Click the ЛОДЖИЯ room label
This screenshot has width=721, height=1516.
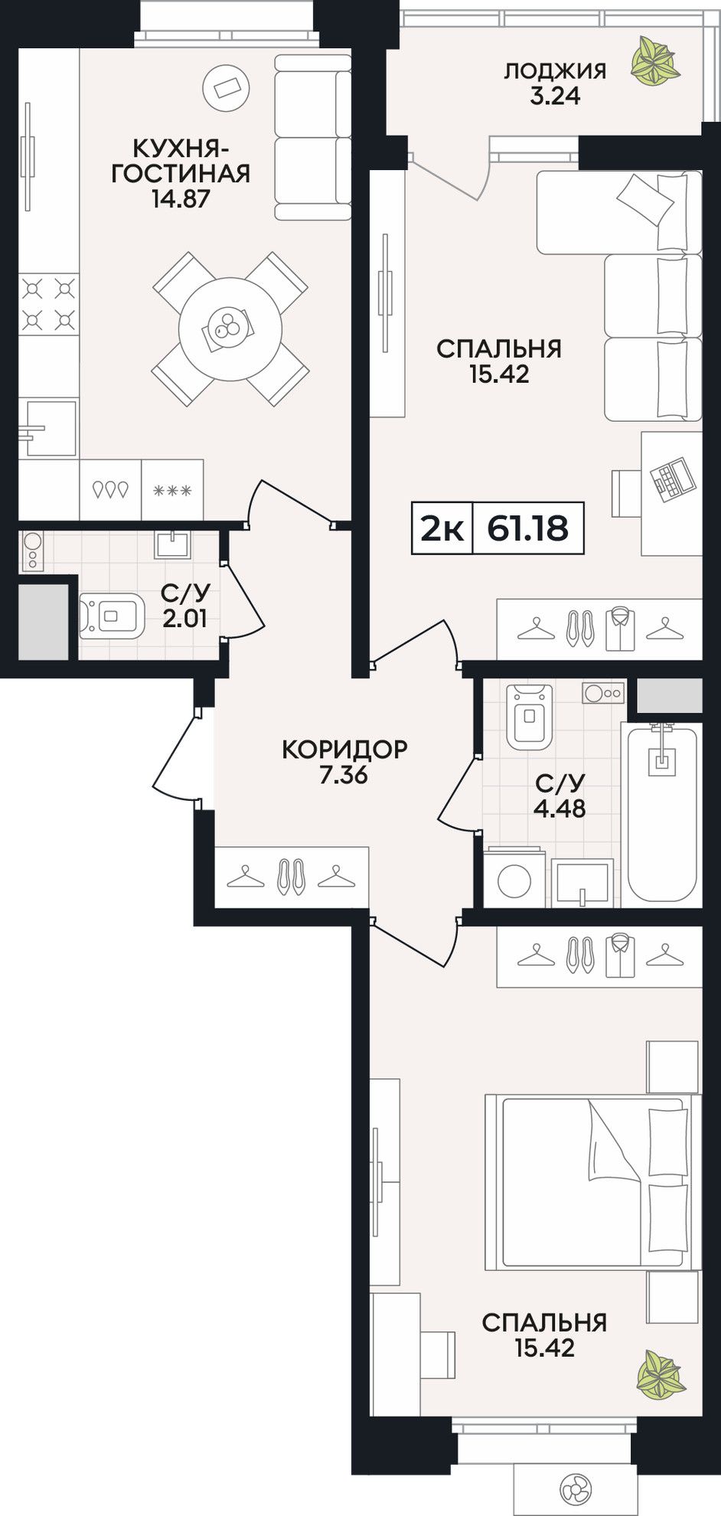tap(554, 71)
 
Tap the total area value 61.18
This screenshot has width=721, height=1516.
tap(528, 528)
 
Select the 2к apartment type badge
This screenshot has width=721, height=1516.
tap(442, 528)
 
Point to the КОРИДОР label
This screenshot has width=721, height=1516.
tap(344, 749)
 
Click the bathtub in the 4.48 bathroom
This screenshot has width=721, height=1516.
tap(663, 815)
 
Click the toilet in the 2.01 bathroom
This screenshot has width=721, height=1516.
tap(112, 615)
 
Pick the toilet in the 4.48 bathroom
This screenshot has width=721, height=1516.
tap(529, 717)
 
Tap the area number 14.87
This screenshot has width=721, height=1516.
tap(181, 199)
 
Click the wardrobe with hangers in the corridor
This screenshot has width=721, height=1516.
tap(292, 877)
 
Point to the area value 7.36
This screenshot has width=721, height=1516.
tap(344, 775)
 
